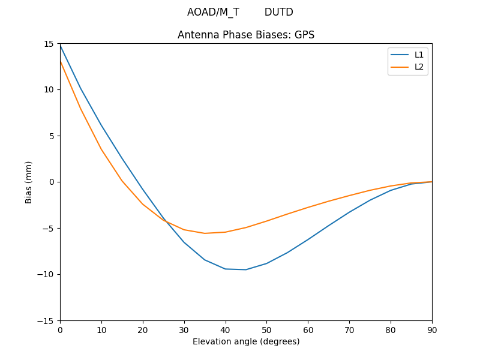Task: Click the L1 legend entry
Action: pyautogui.click(x=419, y=55)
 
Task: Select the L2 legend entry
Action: pyautogui.click(x=419, y=67)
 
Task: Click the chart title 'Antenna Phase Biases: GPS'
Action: pyautogui.click(x=246, y=35)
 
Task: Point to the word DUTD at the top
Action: pyautogui.click(x=279, y=12)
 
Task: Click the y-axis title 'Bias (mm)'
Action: pyautogui.click(x=29, y=182)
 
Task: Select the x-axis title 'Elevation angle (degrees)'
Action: pyautogui.click(x=246, y=341)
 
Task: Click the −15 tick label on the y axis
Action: pyautogui.click(x=47, y=320)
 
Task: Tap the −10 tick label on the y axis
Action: pyautogui.click(x=47, y=274)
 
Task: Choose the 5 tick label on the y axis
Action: pyautogui.click(x=52, y=136)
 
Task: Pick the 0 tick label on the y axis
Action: pyautogui.click(x=52, y=182)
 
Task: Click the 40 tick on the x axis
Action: pyautogui.click(x=226, y=329)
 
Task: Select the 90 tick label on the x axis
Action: pyautogui.click(x=432, y=329)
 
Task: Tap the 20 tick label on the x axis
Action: pyautogui.click(x=143, y=329)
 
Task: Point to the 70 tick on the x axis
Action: pyautogui.click(x=349, y=329)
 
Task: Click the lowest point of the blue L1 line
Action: pyautogui.click(x=246, y=269)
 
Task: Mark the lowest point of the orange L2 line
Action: pyautogui.click(x=205, y=233)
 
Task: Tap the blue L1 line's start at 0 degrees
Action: pyautogui.click(x=60, y=44)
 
